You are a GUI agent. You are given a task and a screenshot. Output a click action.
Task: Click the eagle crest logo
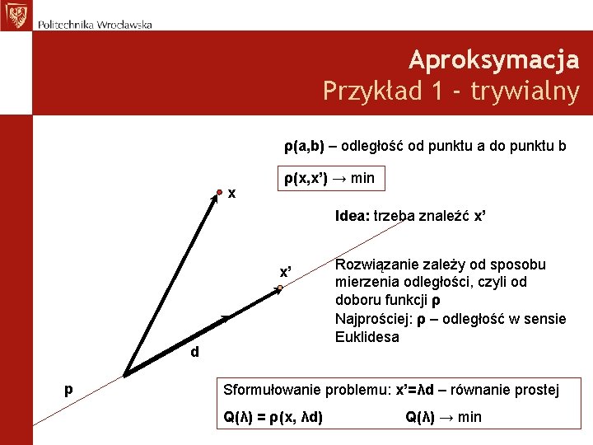[x=15, y=14]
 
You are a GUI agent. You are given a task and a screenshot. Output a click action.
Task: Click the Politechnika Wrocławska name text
[x=95, y=24]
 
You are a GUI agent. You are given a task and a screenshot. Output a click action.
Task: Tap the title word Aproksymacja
[x=493, y=59]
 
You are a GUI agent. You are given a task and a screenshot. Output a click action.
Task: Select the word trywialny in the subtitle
[x=525, y=91]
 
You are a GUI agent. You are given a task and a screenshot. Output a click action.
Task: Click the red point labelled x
[x=221, y=192]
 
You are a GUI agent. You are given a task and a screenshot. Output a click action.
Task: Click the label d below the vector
[x=194, y=352]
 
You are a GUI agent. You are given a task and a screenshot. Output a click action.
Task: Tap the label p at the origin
[x=69, y=388]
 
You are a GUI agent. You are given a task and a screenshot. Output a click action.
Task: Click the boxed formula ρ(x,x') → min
[x=329, y=178]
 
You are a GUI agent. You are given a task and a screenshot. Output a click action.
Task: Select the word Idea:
[x=353, y=217]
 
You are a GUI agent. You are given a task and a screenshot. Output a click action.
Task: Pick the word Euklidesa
[x=367, y=337]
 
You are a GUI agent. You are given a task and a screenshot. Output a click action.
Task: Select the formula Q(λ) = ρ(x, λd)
[x=273, y=417]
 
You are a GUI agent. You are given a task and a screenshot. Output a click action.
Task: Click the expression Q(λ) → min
[x=443, y=417]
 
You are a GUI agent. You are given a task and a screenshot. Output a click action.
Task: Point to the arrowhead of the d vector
[x=227, y=317]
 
